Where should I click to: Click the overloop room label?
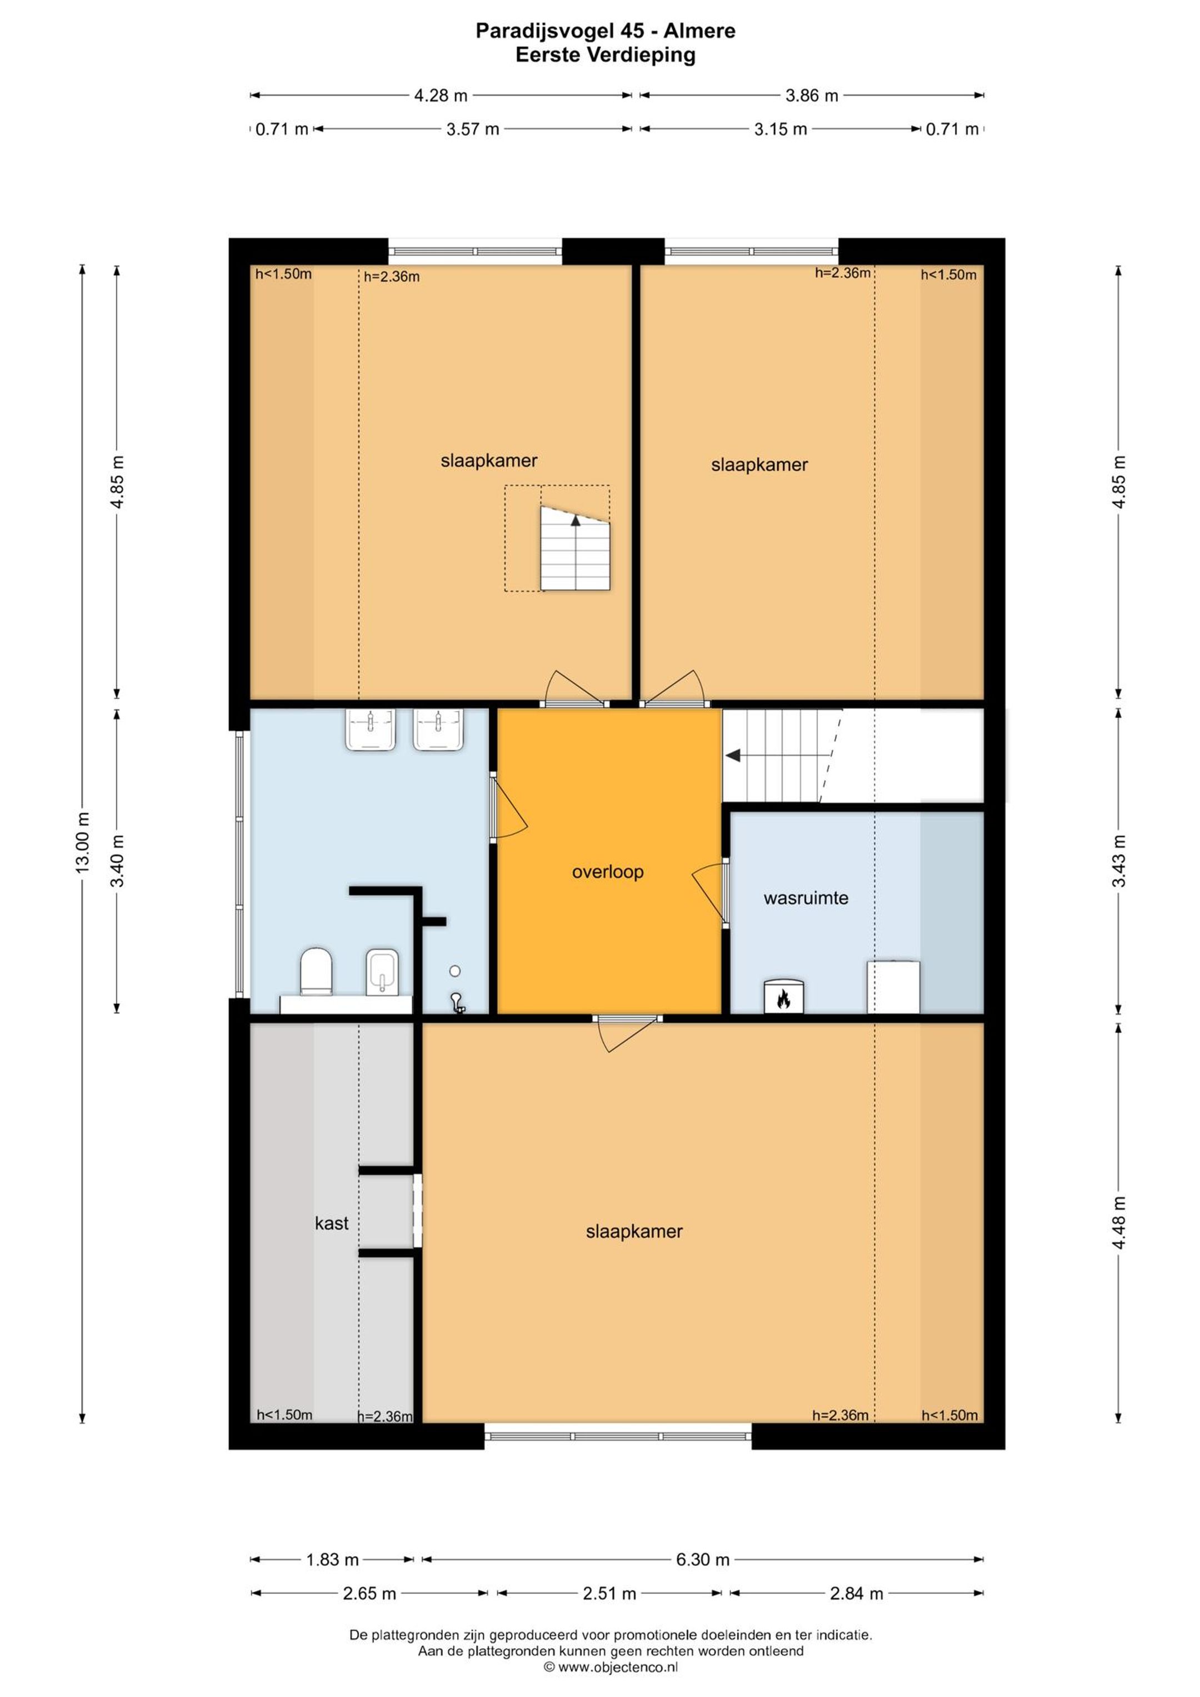click(x=607, y=872)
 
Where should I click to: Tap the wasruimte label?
click(x=806, y=898)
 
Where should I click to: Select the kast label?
click(x=331, y=1223)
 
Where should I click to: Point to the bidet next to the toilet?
click(x=382, y=972)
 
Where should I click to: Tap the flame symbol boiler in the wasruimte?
click(x=783, y=998)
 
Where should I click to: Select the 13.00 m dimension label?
click(x=82, y=843)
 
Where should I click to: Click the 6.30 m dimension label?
click(x=702, y=1560)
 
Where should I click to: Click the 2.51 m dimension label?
click(x=609, y=1594)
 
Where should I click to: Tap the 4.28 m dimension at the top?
click(x=441, y=96)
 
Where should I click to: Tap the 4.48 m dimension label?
click(x=1119, y=1223)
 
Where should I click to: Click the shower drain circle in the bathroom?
click(x=454, y=971)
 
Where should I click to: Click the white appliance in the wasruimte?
click(x=893, y=987)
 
